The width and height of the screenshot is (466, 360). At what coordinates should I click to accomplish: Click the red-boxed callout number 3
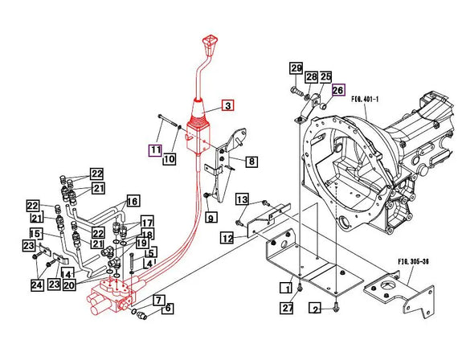pos(227,106)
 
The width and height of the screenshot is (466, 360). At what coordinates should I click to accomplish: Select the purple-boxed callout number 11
pos(154,149)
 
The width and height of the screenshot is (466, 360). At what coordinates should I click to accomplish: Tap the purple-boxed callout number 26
pos(337,90)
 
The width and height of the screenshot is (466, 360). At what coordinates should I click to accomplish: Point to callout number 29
pos(296,67)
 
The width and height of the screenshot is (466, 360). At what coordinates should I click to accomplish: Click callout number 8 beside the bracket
pos(251,162)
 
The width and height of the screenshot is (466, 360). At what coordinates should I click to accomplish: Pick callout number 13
pos(241,199)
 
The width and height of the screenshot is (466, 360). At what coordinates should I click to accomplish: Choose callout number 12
pos(227,237)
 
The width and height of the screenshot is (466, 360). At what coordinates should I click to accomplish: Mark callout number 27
pos(286,308)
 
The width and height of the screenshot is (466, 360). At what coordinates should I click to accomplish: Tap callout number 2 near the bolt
pos(316,309)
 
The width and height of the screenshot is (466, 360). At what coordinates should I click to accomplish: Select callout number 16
pos(132,201)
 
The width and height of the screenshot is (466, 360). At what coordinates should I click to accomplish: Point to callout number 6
pos(168,308)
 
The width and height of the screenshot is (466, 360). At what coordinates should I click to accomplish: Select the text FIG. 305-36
pos(413,261)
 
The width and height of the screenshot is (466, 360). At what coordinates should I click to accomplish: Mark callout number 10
pos(170,159)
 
